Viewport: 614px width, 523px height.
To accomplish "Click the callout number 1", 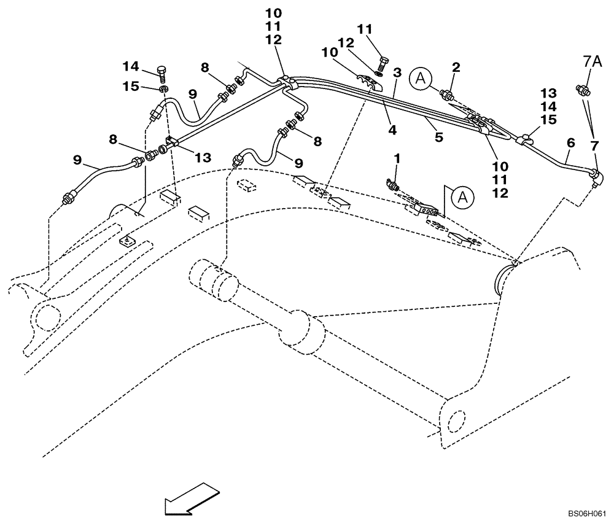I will click(x=397, y=158).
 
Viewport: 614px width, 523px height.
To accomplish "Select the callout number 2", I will click(x=456, y=66).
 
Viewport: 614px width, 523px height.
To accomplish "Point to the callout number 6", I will click(x=570, y=142).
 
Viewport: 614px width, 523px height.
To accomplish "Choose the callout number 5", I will click(x=439, y=138).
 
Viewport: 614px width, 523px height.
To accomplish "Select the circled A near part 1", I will click(x=462, y=197).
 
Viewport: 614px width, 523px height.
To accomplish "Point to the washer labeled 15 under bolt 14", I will click(x=163, y=90).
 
